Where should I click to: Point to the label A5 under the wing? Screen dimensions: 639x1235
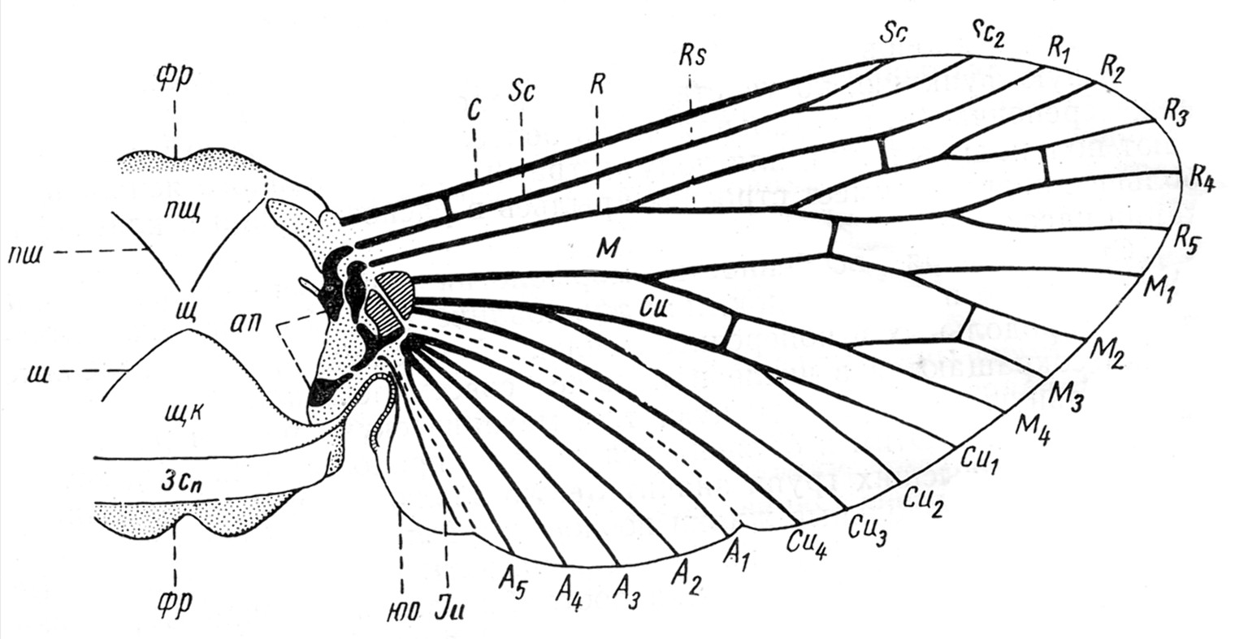510,579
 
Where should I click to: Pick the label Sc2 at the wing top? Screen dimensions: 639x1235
991,32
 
